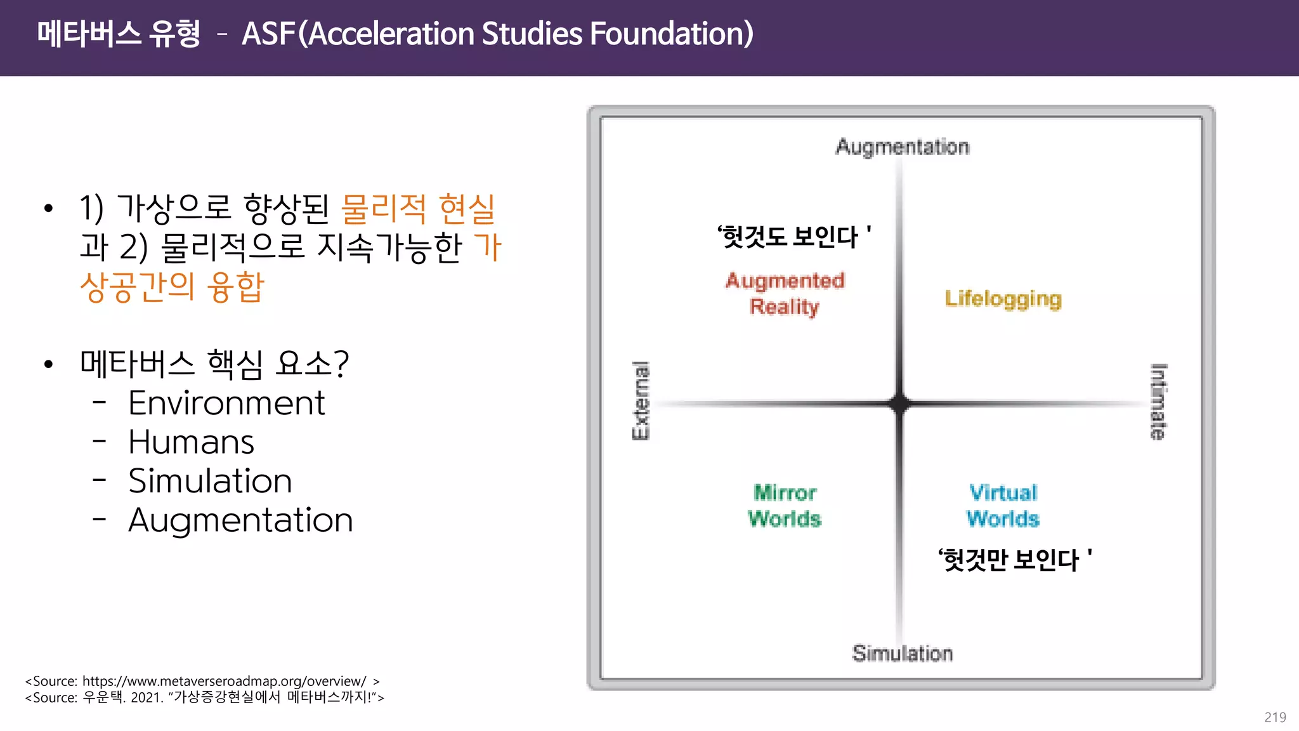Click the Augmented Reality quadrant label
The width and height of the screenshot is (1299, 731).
(x=785, y=294)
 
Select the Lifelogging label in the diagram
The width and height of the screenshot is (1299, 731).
(x=1003, y=299)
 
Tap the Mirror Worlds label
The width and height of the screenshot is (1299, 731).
(x=785, y=506)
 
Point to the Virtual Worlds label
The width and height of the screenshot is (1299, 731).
(x=1003, y=506)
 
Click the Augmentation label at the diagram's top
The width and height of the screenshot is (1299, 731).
(x=902, y=147)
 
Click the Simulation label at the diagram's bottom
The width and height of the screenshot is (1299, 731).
(x=902, y=653)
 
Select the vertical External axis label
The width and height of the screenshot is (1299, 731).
(x=641, y=400)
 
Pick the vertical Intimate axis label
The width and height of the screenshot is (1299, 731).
(x=1158, y=402)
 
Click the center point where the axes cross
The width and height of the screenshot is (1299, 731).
(x=899, y=404)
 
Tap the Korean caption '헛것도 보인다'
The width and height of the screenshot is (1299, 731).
(x=793, y=237)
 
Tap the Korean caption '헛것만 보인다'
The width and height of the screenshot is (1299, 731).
(x=1014, y=560)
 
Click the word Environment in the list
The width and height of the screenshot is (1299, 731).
(x=226, y=403)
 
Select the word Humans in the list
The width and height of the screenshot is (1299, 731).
(x=191, y=442)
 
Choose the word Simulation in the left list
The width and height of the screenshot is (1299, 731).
(x=210, y=481)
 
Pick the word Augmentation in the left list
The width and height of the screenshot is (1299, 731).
(x=240, y=520)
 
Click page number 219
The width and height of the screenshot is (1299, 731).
(x=1275, y=717)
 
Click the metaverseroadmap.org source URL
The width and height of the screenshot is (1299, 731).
(x=224, y=681)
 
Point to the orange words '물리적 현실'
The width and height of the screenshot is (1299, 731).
(x=418, y=209)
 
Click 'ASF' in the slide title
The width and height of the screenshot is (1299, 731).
(x=269, y=34)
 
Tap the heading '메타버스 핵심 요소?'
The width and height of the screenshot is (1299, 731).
(x=214, y=364)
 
